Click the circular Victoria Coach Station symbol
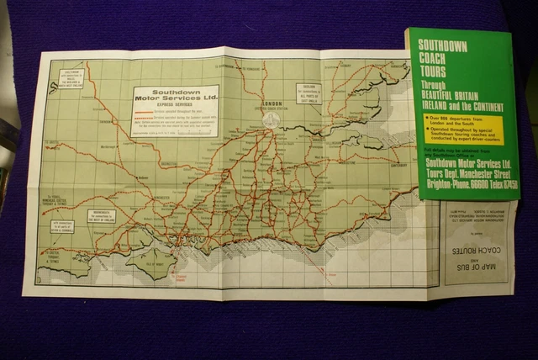pyautogui.click(x=270, y=120)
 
